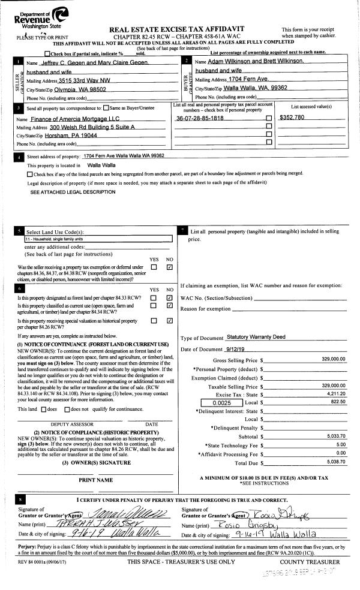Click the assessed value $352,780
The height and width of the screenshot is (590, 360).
pos(292,118)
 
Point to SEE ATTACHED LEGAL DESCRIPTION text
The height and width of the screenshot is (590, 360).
pos(73,192)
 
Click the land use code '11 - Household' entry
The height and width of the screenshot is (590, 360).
pos(53,239)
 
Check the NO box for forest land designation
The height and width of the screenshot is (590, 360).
pos(169,298)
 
